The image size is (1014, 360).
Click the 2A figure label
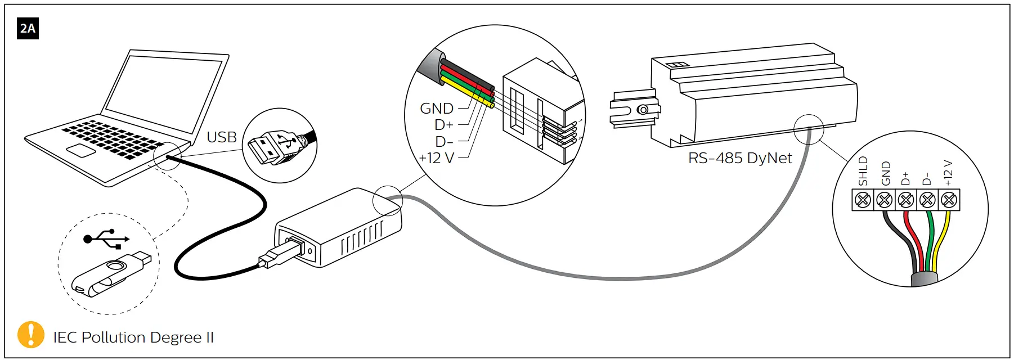(28, 28)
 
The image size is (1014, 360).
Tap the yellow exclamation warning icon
(31, 335)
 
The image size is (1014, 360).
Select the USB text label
(222, 137)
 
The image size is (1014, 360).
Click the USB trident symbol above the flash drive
(106, 238)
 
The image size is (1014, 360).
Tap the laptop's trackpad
(80, 150)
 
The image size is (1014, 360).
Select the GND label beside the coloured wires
(437, 109)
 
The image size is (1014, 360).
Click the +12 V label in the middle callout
(436, 158)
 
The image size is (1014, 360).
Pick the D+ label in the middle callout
(443, 125)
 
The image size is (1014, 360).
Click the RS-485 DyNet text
(740, 158)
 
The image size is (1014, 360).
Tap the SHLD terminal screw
(863, 200)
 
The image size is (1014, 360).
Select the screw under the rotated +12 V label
(949, 200)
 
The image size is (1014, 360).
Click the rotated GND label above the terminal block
(886, 173)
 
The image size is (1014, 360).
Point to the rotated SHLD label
(863, 171)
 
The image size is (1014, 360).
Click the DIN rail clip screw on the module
(642, 110)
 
